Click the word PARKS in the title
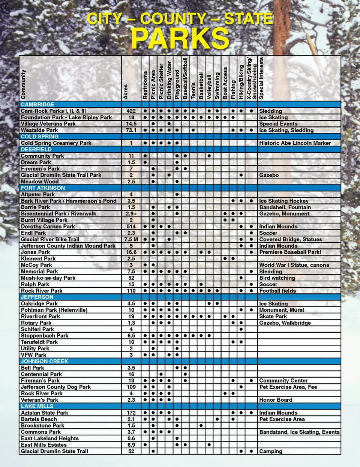[180, 38]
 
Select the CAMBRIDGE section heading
[37, 104]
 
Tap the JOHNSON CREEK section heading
[44, 361]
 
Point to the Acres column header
[126, 92]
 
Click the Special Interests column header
[261, 78]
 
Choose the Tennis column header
[193, 91]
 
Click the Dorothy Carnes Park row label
[48, 227]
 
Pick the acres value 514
[131, 227]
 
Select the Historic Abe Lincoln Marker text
[295, 143]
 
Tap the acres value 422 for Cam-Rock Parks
[131, 111]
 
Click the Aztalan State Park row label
[44, 413]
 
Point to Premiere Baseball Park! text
[290, 252]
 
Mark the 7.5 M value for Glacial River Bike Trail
[131, 239]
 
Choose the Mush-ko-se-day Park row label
[48, 278]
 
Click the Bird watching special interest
[277, 278]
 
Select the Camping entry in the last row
[270, 451]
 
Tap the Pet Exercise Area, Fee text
[288, 387]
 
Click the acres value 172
[131, 413]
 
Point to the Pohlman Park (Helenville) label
[54, 310]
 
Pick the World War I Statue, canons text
[294, 265]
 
